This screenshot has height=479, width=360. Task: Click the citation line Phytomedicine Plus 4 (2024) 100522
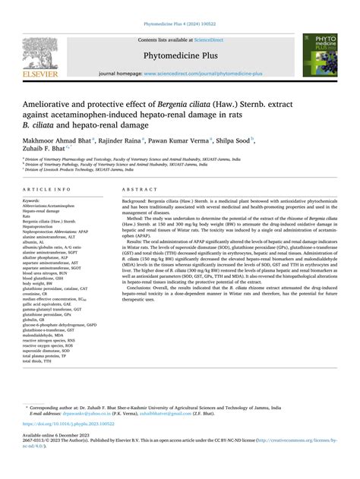pos(179,11)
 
